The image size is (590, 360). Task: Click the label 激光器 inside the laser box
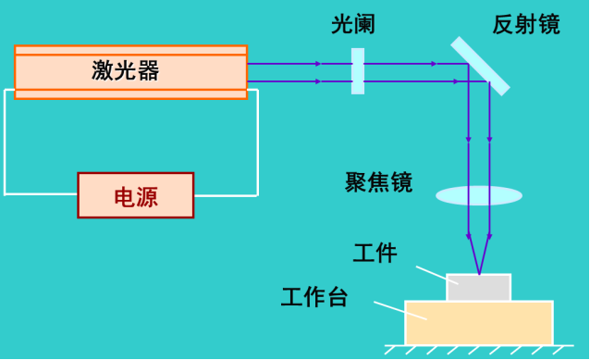pos(126,70)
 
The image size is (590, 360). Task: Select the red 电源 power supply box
pos(136,195)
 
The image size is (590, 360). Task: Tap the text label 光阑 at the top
pos(353,25)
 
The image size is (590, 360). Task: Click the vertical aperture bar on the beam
pos(358,71)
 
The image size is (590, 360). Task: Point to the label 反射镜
pos(525,25)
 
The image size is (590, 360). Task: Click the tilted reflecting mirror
pos(480,66)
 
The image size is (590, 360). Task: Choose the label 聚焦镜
pos(378,182)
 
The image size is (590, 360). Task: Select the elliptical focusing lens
pos(479,195)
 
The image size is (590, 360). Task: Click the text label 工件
pos(375,253)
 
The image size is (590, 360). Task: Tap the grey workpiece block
pos(478,288)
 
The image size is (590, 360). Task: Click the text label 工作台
pos(314,297)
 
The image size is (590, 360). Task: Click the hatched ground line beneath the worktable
pos(478,350)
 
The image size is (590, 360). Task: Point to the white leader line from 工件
pos(430,274)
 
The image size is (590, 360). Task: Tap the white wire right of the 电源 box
pos(227,194)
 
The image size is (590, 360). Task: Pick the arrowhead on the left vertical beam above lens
pos(469,140)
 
